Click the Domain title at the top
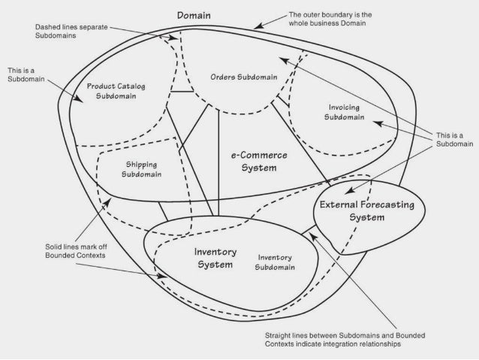(x=194, y=15)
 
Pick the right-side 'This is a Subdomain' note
(x=450, y=140)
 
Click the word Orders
(x=224, y=77)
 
